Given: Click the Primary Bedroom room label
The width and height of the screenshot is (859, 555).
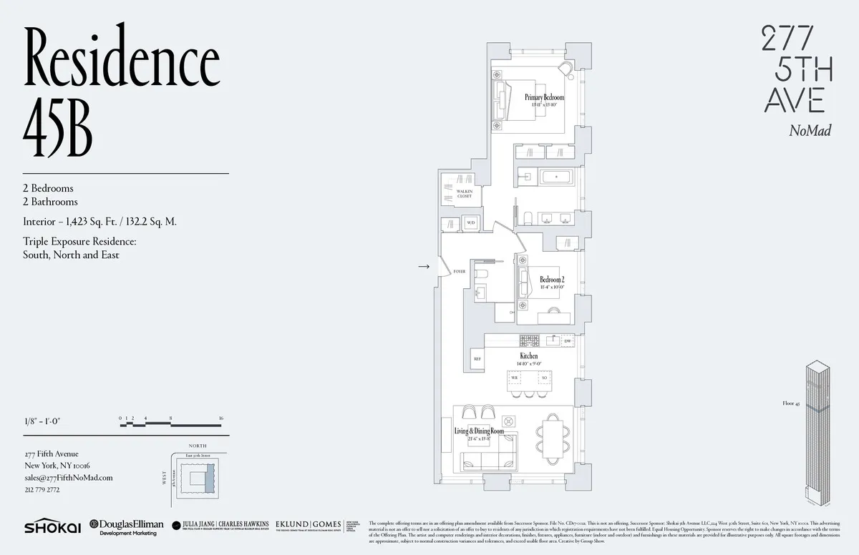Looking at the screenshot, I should (x=544, y=97).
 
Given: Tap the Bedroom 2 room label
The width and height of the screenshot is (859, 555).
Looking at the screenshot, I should (x=552, y=280).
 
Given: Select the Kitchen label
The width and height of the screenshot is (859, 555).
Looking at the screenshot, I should (x=529, y=355).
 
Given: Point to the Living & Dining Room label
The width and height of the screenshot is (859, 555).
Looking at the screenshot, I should (x=479, y=431).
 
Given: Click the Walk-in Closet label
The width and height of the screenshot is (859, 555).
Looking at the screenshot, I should (x=464, y=193).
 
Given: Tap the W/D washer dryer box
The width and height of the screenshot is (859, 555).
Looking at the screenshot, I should (x=470, y=222).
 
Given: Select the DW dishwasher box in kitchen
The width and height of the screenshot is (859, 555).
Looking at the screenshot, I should (x=567, y=342).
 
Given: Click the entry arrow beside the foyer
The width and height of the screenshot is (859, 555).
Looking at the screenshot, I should (x=424, y=267).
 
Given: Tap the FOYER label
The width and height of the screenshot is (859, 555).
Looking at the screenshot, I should (x=460, y=272).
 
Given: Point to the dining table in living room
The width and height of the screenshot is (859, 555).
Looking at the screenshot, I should (x=554, y=437).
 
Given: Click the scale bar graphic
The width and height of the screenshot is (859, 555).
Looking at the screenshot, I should (x=172, y=423).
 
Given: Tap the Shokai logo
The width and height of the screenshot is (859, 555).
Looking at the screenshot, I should (x=52, y=526).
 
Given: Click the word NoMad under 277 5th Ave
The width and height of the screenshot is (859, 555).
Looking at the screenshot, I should (x=810, y=130).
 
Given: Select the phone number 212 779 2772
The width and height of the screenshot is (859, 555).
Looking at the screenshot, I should (x=42, y=490).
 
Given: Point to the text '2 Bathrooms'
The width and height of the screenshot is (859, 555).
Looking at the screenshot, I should (x=48, y=202).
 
